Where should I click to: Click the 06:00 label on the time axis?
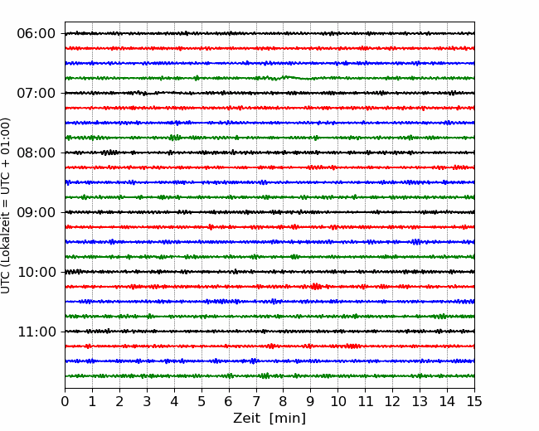(36, 34)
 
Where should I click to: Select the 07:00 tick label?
(36, 93)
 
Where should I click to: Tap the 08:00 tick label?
(36, 153)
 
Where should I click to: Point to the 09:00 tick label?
(36, 212)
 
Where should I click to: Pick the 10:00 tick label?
(36, 272)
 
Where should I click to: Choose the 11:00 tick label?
(36, 332)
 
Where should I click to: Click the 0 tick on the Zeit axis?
(65, 401)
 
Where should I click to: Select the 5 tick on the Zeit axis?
(202, 401)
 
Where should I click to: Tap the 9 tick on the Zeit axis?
(310, 401)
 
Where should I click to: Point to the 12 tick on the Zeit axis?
(392, 401)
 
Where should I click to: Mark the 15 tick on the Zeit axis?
(474, 401)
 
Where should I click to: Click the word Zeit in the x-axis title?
(246, 418)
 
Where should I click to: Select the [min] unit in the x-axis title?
(288, 419)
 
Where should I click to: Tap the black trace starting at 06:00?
(269, 33)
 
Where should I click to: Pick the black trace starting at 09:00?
(269, 212)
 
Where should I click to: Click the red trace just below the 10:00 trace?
(269, 287)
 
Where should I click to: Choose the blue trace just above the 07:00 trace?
(269, 63)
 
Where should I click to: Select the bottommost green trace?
(269, 376)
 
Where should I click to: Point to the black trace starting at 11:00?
(269, 332)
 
